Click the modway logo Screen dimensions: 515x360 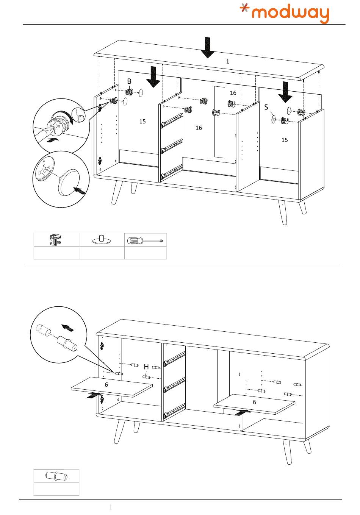point(285,14)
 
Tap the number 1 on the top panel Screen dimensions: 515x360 point(227,61)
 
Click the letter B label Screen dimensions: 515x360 point(129,81)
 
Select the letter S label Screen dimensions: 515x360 point(266,107)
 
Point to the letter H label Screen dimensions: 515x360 point(146,367)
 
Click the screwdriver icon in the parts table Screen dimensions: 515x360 point(145,240)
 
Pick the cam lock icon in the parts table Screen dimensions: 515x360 point(56,240)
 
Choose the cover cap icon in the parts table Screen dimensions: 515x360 point(101,240)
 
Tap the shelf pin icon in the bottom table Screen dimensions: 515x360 point(56,476)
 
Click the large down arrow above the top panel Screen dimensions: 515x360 point(207,47)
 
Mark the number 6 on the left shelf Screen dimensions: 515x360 point(106,384)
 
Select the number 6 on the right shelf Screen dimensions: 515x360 point(254,402)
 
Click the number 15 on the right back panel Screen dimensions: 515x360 point(284,140)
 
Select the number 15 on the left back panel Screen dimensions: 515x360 point(142,122)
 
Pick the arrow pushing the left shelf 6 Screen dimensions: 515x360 point(94,396)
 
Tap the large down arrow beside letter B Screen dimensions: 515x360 point(153,77)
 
